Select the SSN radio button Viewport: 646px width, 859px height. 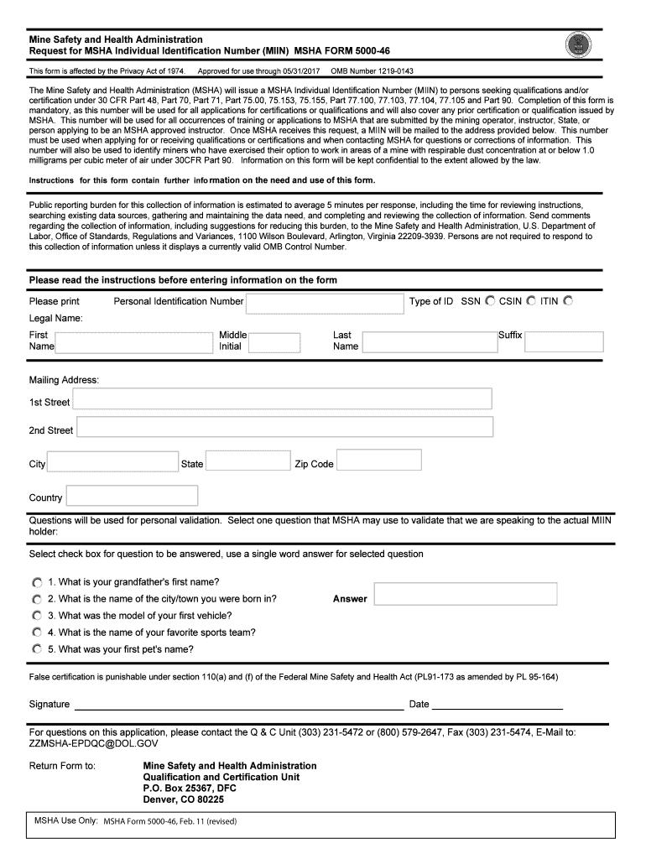click(489, 301)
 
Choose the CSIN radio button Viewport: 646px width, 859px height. click(530, 301)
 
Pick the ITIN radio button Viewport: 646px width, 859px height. click(568, 301)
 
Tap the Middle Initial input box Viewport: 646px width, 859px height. click(274, 342)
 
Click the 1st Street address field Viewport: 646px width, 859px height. click(282, 398)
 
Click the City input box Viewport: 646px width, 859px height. click(112, 462)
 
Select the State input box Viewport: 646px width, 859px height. click(247, 461)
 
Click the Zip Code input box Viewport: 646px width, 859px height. click(379, 461)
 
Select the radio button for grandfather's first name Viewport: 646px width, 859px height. click(37, 582)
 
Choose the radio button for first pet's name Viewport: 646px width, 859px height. click(37, 649)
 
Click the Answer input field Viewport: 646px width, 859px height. click(466, 595)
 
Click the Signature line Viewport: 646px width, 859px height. click(238, 705)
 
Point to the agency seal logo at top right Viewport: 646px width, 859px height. click(579, 46)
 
